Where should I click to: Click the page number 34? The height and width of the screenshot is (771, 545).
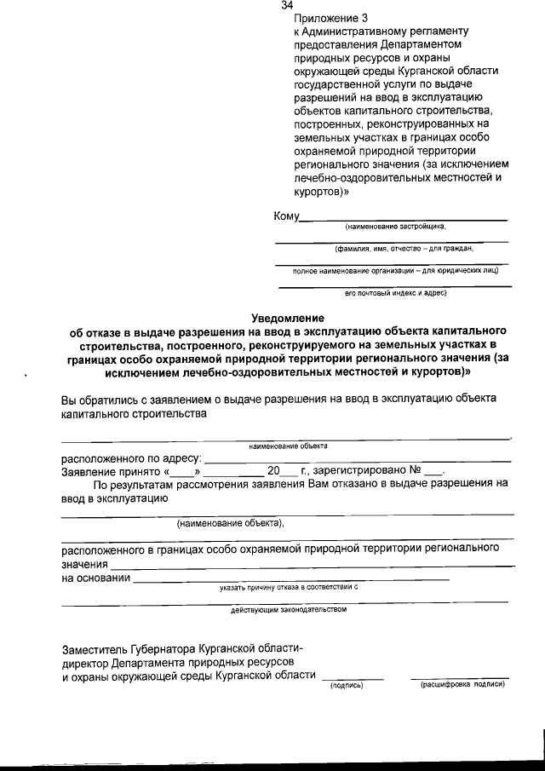pyautogui.click(x=287, y=6)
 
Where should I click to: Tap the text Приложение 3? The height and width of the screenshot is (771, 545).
pyautogui.click(x=325, y=18)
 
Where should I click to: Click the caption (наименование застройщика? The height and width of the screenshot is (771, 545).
pyautogui.click(x=395, y=227)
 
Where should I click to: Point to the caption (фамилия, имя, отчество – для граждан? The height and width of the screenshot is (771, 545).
pyautogui.click(x=403, y=249)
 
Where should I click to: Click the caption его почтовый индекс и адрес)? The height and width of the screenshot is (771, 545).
pyautogui.click(x=395, y=293)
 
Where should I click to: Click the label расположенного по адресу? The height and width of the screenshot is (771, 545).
pyautogui.click(x=131, y=457)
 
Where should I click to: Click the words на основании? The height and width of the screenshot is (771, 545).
pyautogui.click(x=95, y=578)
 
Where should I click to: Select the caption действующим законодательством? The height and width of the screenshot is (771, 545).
pyautogui.click(x=289, y=610)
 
